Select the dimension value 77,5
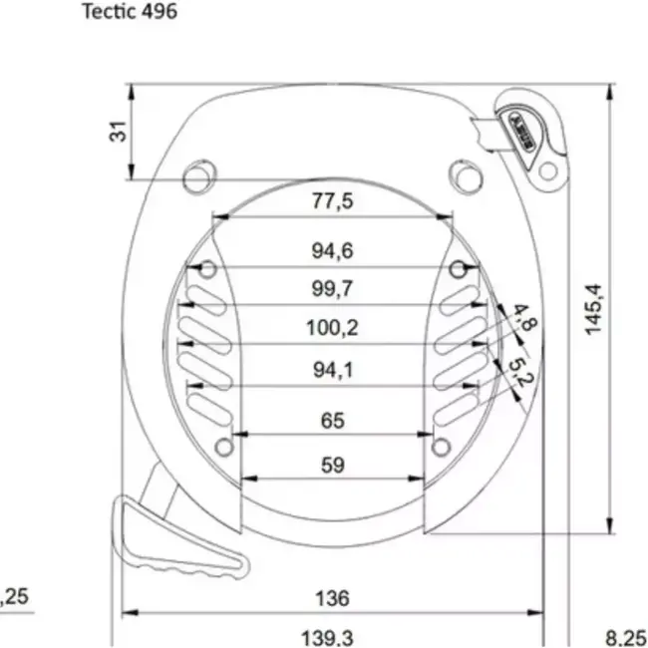(332, 201)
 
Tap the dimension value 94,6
(332, 251)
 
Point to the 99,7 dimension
(332, 289)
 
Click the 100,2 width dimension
(332, 328)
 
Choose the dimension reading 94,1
(332, 370)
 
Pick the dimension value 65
(332, 421)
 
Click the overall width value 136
(332, 597)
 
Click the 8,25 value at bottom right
(626, 635)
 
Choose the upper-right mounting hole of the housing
(464, 172)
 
